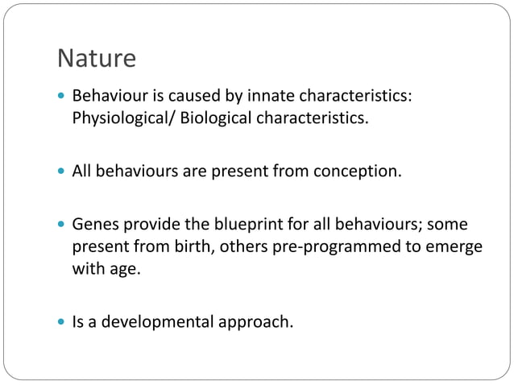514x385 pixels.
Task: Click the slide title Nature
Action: (96, 58)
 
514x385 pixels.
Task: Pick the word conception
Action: (357, 172)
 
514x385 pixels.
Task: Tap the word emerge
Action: (455, 246)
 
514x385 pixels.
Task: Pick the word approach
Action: (259, 323)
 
